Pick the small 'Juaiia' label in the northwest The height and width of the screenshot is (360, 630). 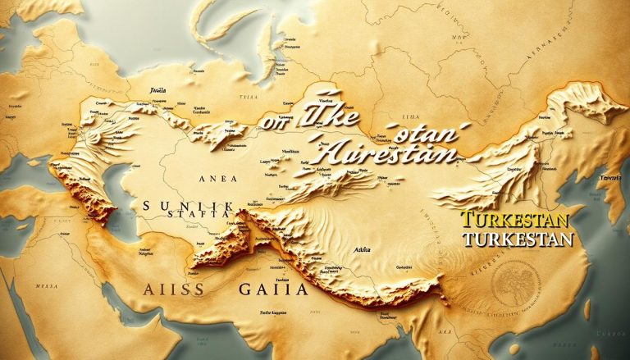pyautogui.click(x=159, y=89)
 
